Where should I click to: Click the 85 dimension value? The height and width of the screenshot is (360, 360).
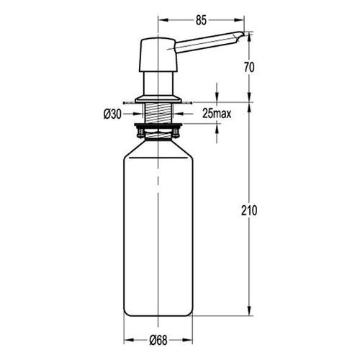pyautogui.click(x=201, y=21)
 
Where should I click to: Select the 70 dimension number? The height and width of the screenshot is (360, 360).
pyautogui.click(x=249, y=68)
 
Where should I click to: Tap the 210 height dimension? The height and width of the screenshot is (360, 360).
pyautogui.click(x=249, y=210)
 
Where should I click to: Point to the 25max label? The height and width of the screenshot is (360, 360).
pyautogui.click(x=217, y=113)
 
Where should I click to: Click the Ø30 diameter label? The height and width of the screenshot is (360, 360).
pyautogui.click(x=112, y=114)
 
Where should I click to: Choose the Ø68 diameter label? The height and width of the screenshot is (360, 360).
pyautogui.click(x=158, y=340)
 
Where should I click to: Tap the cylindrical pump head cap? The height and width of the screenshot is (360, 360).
pyautogui.click(x=158, y=55)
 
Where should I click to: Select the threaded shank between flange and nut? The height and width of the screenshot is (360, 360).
pyautogui.click(x=158, y=113)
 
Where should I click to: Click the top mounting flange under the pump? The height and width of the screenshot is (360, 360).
pyautogui.click(x=158, y=99)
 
